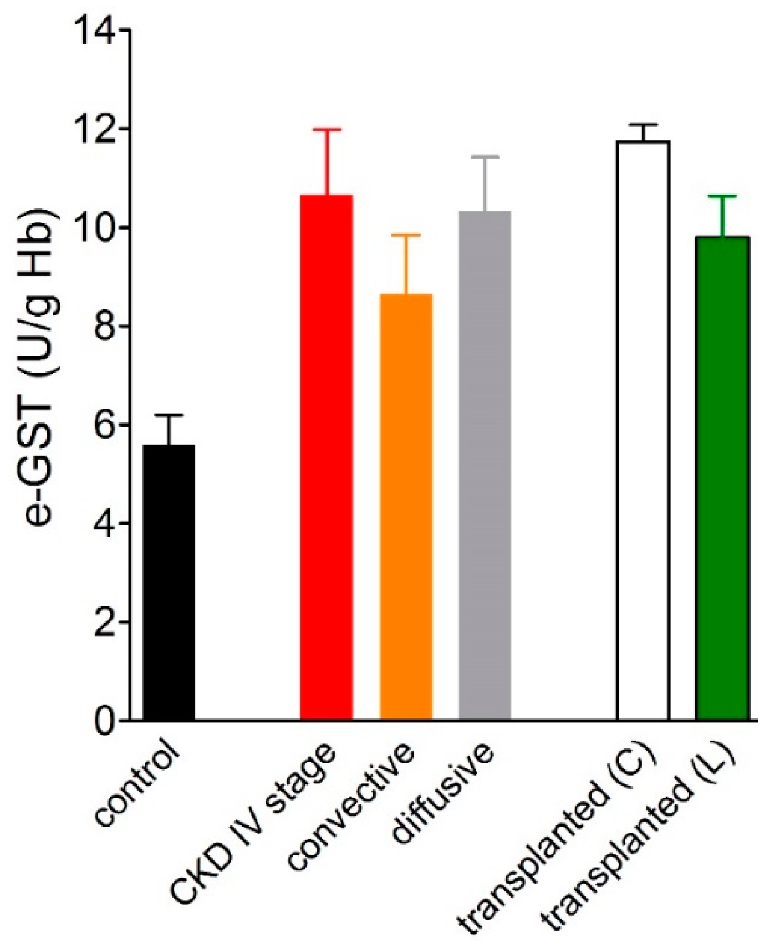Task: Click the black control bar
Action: click(x=169, y=582)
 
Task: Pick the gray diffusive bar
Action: click(x=485, y=466)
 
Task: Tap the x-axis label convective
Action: click(x=352, y=807)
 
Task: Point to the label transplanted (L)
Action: click(x=638, y=843)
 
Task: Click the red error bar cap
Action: click(x=327, y=130)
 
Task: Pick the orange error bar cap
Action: click(x=406, y=236)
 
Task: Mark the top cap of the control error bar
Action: click(x=169, y=415)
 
